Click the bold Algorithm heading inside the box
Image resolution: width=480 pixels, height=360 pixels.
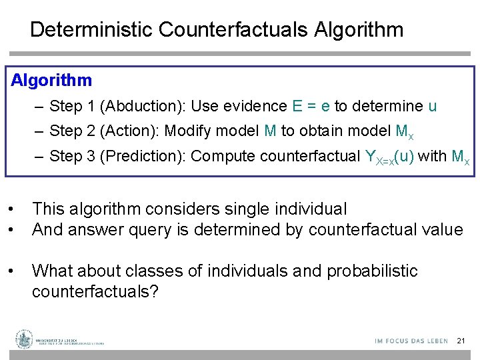(x=52, y=81)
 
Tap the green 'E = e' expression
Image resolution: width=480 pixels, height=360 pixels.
(x=311, y=106)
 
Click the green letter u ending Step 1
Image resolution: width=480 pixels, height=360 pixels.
(x=432, y=106)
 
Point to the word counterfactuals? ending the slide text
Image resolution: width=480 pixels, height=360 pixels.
(x=95, y=292)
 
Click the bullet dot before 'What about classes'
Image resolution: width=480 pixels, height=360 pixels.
(x=13, y=271)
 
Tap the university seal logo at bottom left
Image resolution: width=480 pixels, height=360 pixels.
(x=25, y=339)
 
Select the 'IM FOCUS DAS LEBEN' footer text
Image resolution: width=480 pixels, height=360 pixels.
(x=411, y=341)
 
